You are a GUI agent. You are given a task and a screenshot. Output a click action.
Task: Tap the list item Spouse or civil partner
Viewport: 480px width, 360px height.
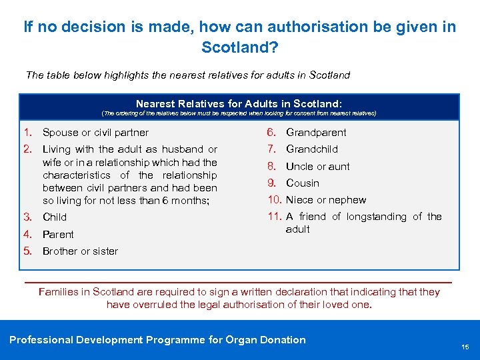coord(95,132)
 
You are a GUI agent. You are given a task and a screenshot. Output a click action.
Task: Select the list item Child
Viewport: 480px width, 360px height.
coord(55,217)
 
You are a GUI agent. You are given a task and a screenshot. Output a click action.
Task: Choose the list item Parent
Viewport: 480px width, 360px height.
coord(58,234)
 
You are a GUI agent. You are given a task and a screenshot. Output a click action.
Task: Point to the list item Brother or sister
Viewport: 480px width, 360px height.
coord(80,251)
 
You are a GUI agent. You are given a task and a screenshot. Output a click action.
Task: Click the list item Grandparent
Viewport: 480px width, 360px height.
coord(316,132)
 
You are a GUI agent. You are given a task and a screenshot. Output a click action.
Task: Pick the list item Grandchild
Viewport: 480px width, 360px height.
coord(312,149)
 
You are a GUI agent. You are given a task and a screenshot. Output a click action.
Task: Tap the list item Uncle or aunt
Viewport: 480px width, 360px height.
coord(318,166)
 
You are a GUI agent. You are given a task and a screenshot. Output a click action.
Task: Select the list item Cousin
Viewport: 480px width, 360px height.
coord(303,183)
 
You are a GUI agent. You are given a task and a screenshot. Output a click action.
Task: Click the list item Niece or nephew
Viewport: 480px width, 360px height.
coord(326,199)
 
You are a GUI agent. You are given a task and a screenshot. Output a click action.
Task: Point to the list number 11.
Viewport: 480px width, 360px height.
coord(274,216)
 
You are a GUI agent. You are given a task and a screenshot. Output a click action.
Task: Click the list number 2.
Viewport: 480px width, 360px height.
coord(28,149)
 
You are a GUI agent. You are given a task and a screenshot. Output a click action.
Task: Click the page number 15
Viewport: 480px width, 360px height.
coord(465,347)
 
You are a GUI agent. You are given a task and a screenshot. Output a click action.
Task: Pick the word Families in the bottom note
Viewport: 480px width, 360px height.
coord(59,292)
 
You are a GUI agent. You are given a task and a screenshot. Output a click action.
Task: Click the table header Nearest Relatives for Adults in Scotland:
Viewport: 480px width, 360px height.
coord(239,103)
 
